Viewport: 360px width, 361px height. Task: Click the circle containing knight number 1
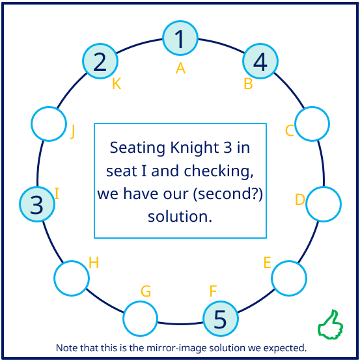click(180, 38)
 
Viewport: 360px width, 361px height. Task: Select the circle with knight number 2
click(100, 61)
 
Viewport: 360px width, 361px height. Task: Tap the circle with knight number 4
click(260, 61)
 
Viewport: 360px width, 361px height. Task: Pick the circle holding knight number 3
click(37, 204)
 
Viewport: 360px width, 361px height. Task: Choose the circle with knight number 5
click(220, 319)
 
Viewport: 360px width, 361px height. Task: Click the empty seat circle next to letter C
click(312, 124)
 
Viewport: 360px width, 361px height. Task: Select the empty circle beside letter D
click(324, 204)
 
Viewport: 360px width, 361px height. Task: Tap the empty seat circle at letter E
click(289, 278)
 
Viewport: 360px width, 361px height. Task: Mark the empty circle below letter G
click(141, 319)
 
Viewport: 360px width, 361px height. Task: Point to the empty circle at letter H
click(72, 278)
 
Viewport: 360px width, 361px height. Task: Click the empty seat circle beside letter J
click(49, 124)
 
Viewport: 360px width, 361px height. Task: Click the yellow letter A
click(180, 68)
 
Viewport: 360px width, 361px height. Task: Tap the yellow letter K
click(117, 83)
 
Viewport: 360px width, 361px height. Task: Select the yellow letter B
click(248, 83)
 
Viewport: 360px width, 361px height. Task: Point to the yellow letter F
click(213, 291)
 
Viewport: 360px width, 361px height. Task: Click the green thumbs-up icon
click(331, 325)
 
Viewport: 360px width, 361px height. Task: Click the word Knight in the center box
click(194, 148)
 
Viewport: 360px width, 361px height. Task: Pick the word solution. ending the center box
click(180, 217)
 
